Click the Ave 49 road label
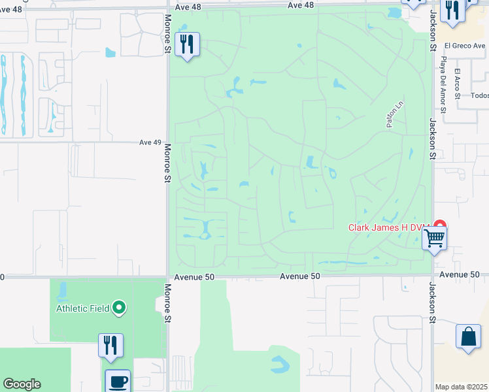[150, 142]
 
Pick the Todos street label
[479, 95]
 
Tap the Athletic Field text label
[81, 308]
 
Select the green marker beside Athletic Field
[119, 306]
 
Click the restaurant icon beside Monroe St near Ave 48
[187, 44]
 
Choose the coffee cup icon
[118, 381]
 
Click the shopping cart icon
[434, 238]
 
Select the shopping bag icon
[468, 337]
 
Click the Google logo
[22, 384]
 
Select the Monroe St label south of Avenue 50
[168, 303]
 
